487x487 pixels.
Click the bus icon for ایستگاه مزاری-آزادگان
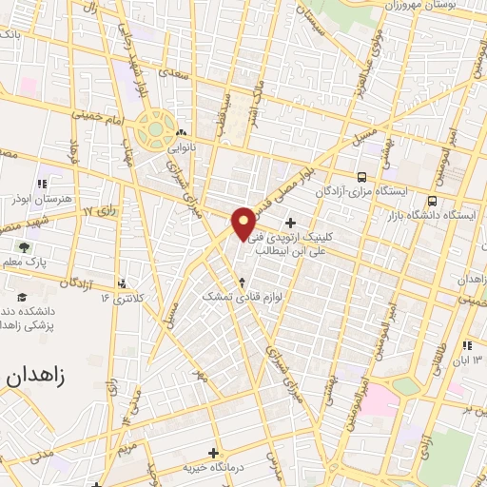[361, 176]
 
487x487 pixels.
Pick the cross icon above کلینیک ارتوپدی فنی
[303, 223]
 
